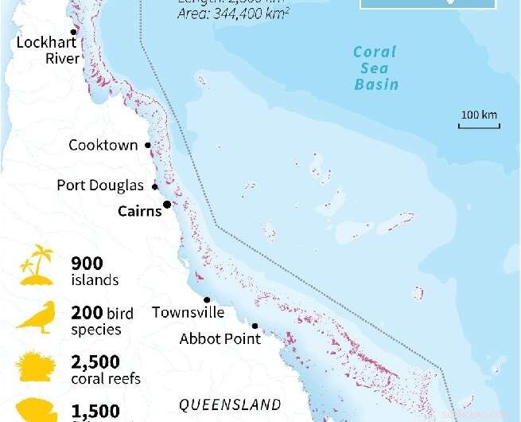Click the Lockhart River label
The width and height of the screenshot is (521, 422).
[48, 50]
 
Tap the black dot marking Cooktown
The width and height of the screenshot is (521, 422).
[148, 146]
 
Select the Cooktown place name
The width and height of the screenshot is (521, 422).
[103, 146]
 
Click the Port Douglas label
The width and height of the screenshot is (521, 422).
[100, 186]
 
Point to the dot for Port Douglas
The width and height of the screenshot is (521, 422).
[155, 187]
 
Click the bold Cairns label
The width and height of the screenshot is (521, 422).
[139, 211]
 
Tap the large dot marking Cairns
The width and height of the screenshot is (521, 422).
[167, 205]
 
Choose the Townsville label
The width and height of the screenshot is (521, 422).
[188, 312]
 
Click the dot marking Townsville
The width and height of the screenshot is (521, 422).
[207, 299]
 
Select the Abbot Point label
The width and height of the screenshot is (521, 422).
[220, 338]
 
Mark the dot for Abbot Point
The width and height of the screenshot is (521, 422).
[255, 326]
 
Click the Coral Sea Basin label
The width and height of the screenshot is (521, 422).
[376, 68]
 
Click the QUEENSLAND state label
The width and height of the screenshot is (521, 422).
[230, 404]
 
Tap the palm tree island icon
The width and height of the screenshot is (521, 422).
[37, 266]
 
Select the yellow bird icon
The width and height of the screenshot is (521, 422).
[37, 318]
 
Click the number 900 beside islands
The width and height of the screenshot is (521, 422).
[87, 264]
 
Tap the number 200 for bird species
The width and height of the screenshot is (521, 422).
[87, 314]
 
